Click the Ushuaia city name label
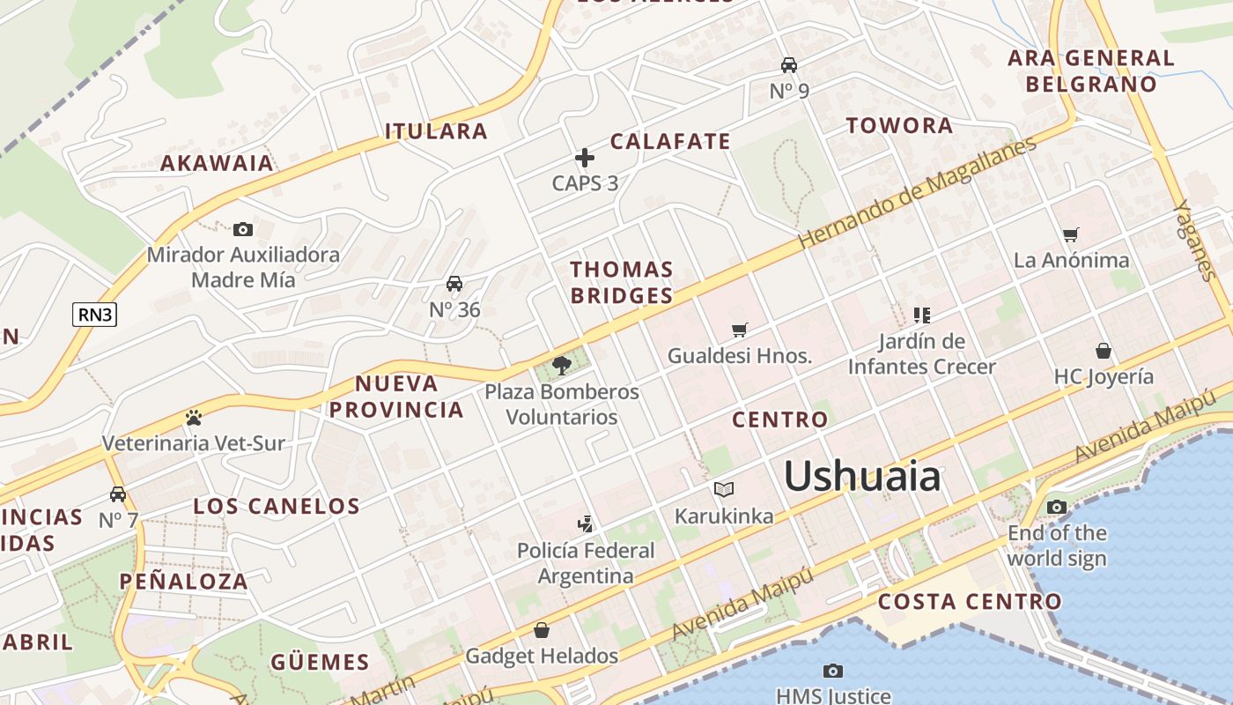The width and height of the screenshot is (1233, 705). pos(862,477)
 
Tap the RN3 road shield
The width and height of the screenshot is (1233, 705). pos(94,315)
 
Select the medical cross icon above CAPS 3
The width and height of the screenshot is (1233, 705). pos(585,158)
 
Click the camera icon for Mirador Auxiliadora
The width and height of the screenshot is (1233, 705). pos(243,230)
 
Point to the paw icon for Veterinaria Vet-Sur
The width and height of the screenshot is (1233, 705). pos(194,417)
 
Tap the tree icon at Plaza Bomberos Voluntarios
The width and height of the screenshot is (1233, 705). pos(561,365)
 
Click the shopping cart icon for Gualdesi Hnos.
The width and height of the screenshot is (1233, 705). pos(740,330)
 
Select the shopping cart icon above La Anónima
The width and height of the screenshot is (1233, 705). pos(1071,234)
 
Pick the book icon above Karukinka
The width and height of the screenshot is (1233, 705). pos(724,489)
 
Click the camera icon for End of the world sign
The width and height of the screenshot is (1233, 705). pos(1057,507)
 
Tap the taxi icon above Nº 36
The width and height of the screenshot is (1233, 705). pos(454,284)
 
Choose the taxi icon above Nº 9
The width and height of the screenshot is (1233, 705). pos(789,65)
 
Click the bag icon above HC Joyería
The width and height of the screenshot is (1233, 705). pos(1104,351)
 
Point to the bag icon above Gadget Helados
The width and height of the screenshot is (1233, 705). pos(542,630)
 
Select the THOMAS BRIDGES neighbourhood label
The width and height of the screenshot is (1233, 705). pos(622,282)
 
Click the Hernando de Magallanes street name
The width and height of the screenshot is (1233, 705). pos(916,194)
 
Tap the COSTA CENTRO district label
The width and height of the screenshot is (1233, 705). pos(970,602)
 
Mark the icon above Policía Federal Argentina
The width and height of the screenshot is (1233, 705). pos(585,524)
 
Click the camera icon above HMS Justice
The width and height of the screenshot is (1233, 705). pos(832,672)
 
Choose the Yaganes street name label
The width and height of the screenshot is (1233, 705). pos(1195,241)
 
